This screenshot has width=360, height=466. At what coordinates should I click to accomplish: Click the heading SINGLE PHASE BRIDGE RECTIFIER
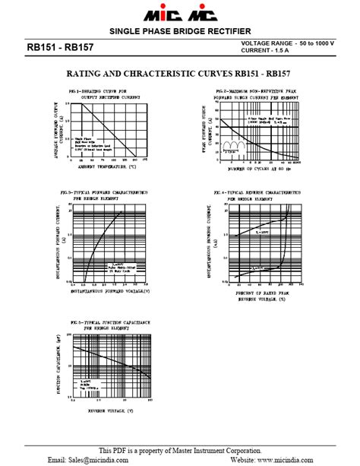coord(180,31)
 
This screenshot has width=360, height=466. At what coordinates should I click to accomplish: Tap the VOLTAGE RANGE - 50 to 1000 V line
coord(287,43)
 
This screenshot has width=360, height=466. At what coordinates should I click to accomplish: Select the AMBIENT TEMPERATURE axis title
coord(106,166)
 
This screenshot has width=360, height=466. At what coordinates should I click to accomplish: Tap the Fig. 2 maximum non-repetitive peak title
coord(255,95)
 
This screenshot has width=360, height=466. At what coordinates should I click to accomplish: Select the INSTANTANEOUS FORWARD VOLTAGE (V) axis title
coord(110,290)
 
